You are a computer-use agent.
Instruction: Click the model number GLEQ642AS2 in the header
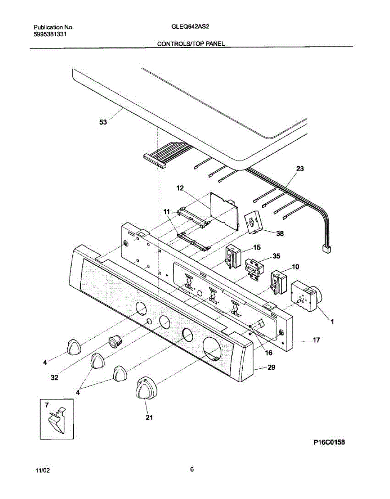coord(190,27)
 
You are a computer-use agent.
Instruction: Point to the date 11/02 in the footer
coord(42,470)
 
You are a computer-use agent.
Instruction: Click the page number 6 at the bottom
coord(192,469)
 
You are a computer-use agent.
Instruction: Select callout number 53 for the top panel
coord(103,122)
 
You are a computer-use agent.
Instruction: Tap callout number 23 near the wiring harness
coord(300,169)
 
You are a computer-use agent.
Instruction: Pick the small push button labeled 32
coord(114,341)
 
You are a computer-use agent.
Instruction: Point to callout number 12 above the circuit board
coord(180,188)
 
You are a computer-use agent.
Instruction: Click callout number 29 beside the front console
coord(271,368)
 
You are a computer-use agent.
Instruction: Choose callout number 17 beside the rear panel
coord(316,340)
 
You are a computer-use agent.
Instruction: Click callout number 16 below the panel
coord(268,353)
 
